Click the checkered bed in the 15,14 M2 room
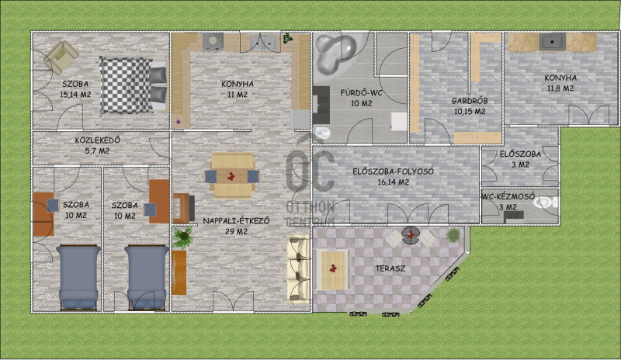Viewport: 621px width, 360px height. click(134, 85)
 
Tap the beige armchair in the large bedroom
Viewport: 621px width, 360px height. click(61, 57)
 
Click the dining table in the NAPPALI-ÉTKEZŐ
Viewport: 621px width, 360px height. click(232, 175)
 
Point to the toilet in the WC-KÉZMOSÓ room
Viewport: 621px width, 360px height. click(546, 202)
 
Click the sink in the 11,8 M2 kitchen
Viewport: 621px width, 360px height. click(552, 42)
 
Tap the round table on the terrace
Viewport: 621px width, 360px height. click(411, 235)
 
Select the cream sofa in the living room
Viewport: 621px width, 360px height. click(298, 269)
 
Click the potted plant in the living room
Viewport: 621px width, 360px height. click(182, 237)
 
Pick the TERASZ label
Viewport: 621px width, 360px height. click(390, 268)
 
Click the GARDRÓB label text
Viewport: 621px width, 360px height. click(470, 101)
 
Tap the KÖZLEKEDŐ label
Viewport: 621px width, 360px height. click(98, 140)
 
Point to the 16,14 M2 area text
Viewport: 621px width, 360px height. click(394, 182)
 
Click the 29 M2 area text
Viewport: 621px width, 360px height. click(236, 232)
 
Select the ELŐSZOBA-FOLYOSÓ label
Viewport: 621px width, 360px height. click(394, 171)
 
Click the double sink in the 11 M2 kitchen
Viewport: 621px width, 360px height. click(263, 42)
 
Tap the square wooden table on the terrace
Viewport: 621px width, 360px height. click(333, 269)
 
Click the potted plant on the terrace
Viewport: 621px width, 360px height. click(453, 235)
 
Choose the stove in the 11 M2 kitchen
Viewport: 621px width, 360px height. click(213, 42)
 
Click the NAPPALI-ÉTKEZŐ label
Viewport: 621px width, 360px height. click(236, 221)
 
